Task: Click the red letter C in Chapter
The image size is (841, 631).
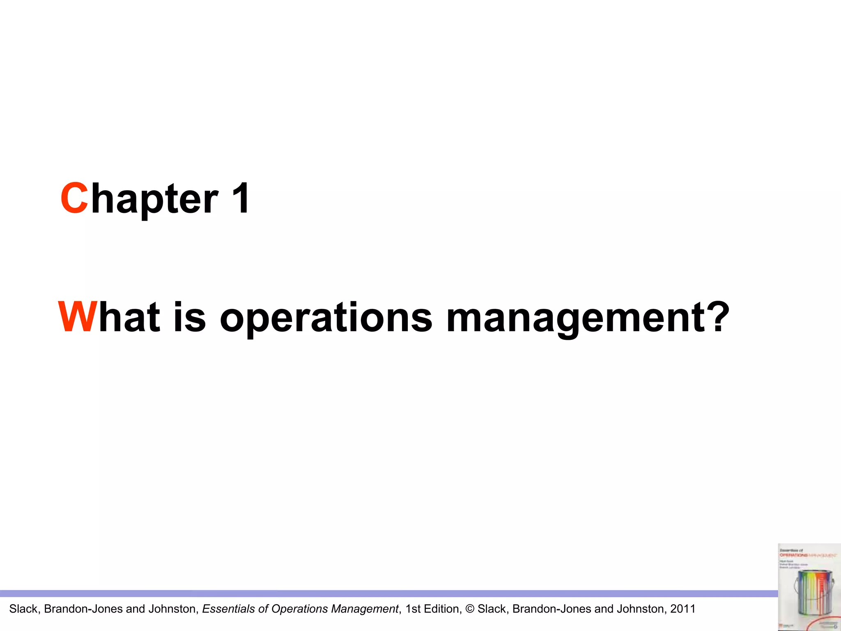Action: [x=74, y=198]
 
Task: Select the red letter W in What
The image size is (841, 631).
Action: [x=78, y=317]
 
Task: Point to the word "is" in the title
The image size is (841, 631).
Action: [x=189, y=317]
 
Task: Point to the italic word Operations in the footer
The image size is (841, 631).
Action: [x=300, y=609]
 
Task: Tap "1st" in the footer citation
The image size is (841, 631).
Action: [x=413, y=609]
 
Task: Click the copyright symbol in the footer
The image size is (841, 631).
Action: [x=470, y=609]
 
